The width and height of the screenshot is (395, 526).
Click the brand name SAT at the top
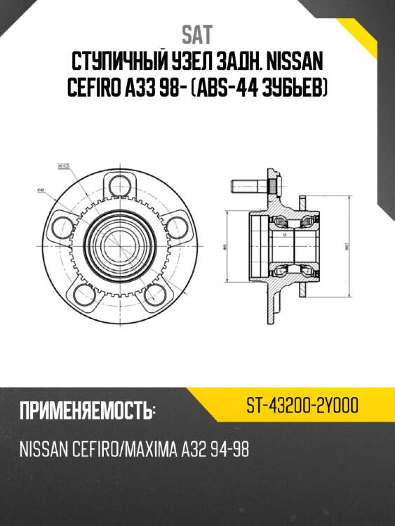(197, 34)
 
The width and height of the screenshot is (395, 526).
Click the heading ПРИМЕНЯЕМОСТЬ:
(87, 410)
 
